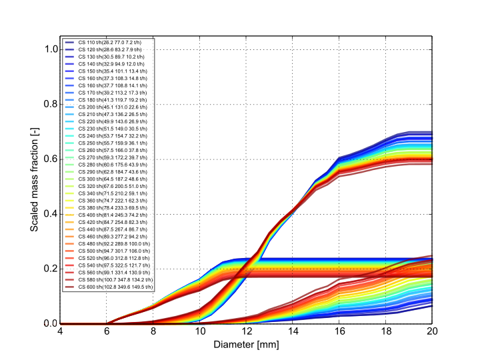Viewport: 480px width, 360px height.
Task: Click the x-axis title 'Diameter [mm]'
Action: coord(246,345)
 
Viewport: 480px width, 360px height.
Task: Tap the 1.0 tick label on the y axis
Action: coord(49,49)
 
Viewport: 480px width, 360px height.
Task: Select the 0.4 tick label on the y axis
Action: coord(49,214)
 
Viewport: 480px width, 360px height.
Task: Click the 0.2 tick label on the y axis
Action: coord(49,269)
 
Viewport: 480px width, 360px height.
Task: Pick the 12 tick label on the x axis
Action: coord(246,331)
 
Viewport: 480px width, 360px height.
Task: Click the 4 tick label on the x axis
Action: coord(60,331)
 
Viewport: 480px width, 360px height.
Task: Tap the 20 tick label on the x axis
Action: coord(432,331)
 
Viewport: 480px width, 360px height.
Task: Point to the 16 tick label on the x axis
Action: coord(339,331)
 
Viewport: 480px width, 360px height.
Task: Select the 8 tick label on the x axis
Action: coord(153,331)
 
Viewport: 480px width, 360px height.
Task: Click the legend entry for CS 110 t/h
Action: coord(110,43)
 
